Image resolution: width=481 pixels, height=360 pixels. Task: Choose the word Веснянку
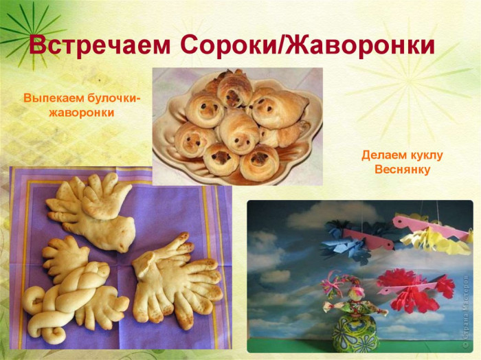point(403,169)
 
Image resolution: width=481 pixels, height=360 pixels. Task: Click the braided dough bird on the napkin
point(76,289)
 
